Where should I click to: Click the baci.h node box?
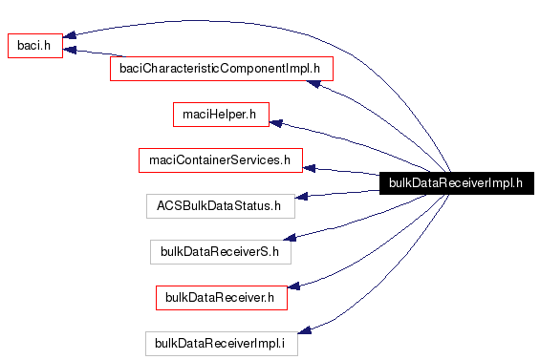click(x=34, y=46)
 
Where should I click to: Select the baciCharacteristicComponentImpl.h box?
click(x=222, y=69)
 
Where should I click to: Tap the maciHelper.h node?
click(x=220, y=115)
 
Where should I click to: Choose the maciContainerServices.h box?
click(x=220, y=159)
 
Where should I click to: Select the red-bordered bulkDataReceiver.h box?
click(x=221, y=298)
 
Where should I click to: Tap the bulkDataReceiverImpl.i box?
click(x=221, y=343)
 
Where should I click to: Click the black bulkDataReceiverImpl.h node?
click(x=455, y=183)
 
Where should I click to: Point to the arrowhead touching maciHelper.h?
click(x=276, y=121)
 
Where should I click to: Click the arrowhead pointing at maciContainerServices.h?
click(x=310, y=168)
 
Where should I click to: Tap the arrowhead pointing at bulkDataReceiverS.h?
click(x=297, y=243)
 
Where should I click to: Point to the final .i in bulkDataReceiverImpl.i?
click(x=282, y=343)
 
